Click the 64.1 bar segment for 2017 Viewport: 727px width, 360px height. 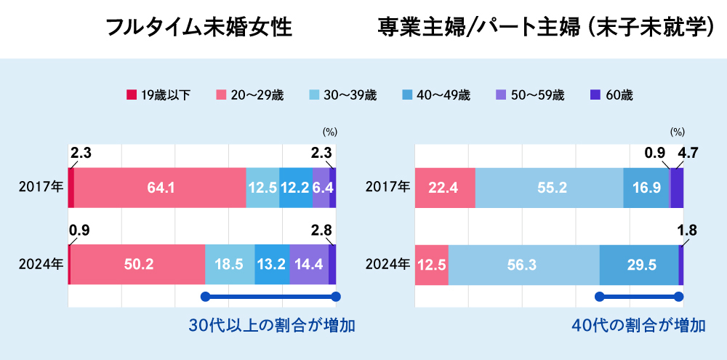[x=160, y=188]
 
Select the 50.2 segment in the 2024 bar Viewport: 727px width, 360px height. [x=138, y=265]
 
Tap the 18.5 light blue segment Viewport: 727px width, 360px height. [x=230, y=265]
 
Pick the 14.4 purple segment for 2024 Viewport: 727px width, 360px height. [x=309, y=265]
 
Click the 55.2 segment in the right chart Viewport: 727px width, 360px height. [x=549, y=188]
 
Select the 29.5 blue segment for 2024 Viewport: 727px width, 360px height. [x=638, y=265]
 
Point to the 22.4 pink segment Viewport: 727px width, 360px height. [x=444, y=188]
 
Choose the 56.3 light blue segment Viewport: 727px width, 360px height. [x=523, y=265]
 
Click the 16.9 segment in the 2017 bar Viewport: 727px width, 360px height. [x=646, y=188]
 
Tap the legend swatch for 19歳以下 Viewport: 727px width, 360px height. [x=132, y=95]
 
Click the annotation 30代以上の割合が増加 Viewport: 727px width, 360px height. [x=272, y=325]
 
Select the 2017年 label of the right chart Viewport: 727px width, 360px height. [x=389, y=188]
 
